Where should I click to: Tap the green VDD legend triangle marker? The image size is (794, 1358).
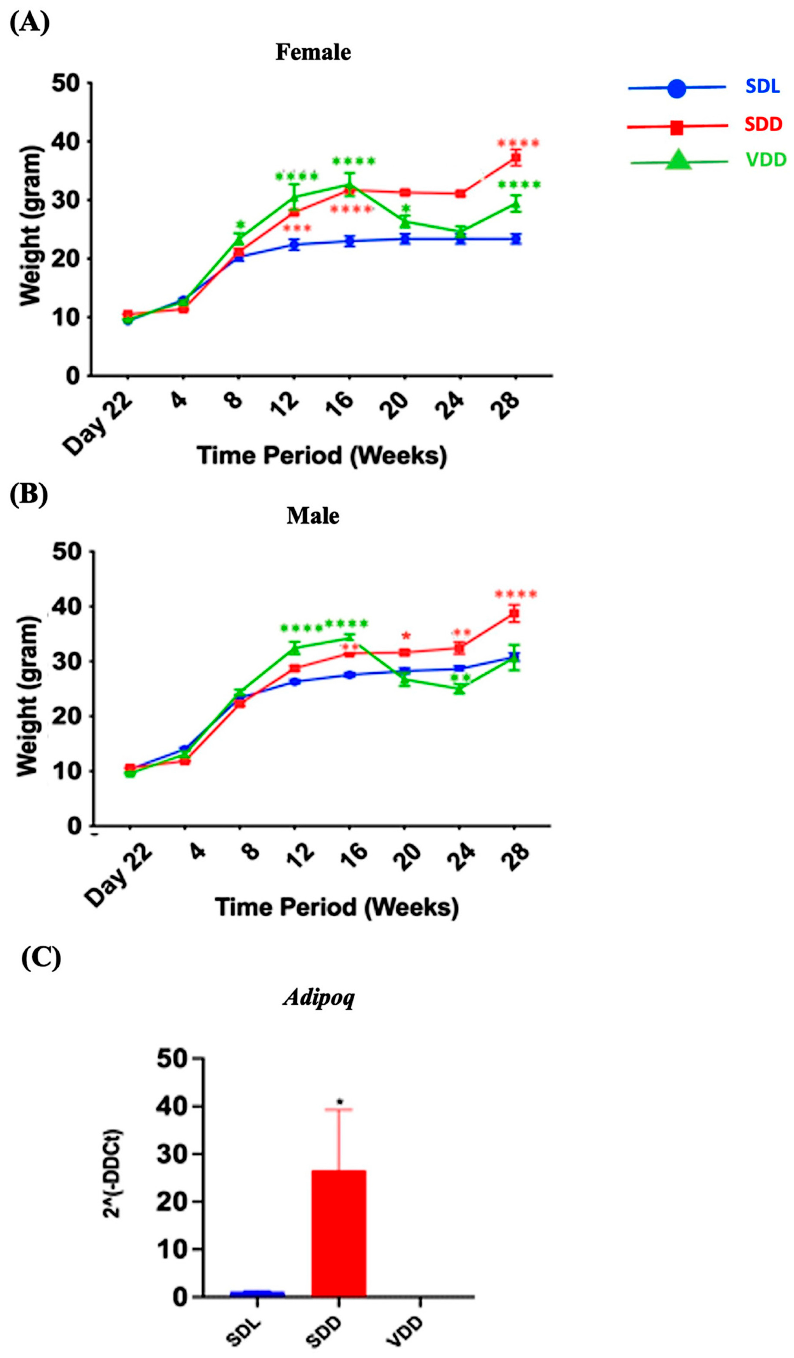click(x=678, y=160)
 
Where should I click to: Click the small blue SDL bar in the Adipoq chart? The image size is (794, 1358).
click(x=257, y=1293)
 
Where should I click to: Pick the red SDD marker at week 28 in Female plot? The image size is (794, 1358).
click(x=516, y=158)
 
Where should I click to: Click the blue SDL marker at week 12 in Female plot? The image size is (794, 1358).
click(x=294, y=245)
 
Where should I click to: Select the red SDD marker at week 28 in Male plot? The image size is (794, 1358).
click(x=514, y=614)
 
